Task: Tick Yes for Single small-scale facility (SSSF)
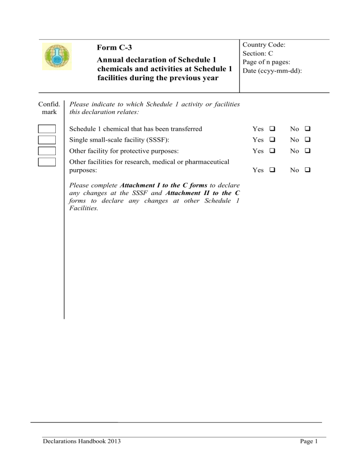tap(271, 140)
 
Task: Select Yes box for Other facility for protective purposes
tap(271, 151)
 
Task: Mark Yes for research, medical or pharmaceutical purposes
tap(271, 171)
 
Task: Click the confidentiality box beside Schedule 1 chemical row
tap(47, 129)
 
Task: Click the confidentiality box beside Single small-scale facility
tap(47, 140)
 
